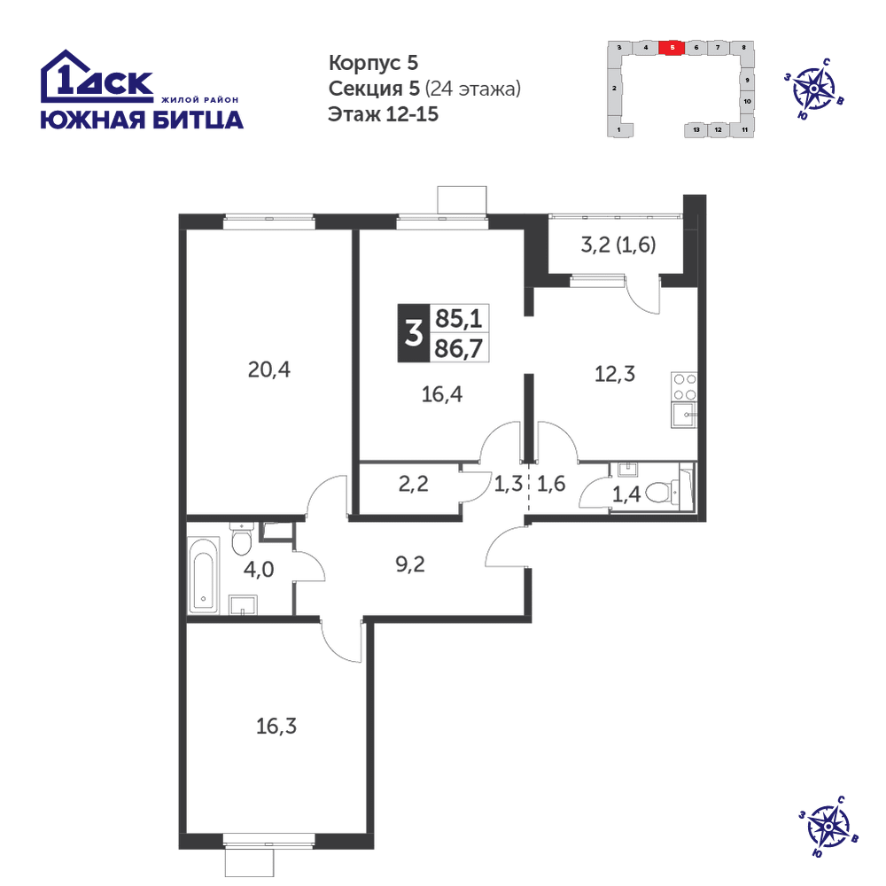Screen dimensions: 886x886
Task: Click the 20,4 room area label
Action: click(x=269, y=370)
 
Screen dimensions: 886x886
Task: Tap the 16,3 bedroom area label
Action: click(x=276, y=727)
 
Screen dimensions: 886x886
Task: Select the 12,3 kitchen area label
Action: click(x=615, y=374)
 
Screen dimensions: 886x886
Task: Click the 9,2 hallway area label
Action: click(x=410, y=564)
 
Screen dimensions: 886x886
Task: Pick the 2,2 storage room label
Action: click(x=414, y=485)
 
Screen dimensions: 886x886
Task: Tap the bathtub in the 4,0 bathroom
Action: click(x=204, y=575)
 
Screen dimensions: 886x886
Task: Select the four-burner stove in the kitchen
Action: click(x=684, y=386)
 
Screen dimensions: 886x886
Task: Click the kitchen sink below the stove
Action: click(x=684, y=415)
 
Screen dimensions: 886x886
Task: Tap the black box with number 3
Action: click(x=414, y=333)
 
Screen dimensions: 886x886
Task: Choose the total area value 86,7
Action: click(x=458, y=348)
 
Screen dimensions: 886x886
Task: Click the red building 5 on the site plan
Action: click(x=672, y=48)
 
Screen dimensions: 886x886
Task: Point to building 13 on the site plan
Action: click(x=696, y=130)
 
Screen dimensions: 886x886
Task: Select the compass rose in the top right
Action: click(x=814, y=89)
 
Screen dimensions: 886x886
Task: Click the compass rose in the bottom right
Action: click(x=828, y=827)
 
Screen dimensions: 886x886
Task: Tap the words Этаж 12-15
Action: click(x=383, y=114)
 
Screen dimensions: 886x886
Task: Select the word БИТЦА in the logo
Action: click(x=198, y=120)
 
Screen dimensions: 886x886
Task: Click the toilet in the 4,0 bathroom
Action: click(x=242, y=539)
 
